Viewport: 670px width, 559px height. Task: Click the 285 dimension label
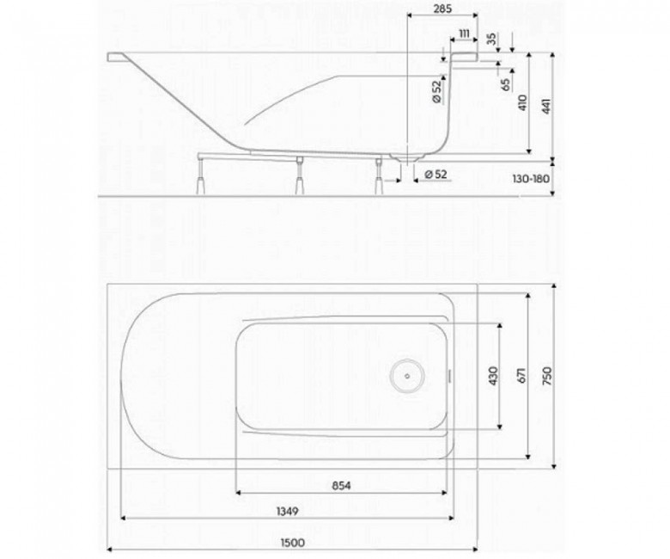[x=442, y=8]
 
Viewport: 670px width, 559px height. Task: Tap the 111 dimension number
[x=464, y=34]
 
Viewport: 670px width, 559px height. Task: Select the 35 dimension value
[x=492, y=39]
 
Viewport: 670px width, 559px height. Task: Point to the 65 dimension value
[x=506, y=84]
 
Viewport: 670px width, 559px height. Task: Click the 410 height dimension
[x=523, y=102]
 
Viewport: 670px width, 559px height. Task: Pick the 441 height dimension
[x=546, y=106]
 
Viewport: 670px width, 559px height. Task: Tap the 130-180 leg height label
[x=531, y=178]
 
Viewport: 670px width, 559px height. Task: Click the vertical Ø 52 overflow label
[x=436, y=91]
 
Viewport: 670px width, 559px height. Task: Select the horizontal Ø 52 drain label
[x=435, y=174]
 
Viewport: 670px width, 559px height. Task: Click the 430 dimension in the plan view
[x=493, y=375]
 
